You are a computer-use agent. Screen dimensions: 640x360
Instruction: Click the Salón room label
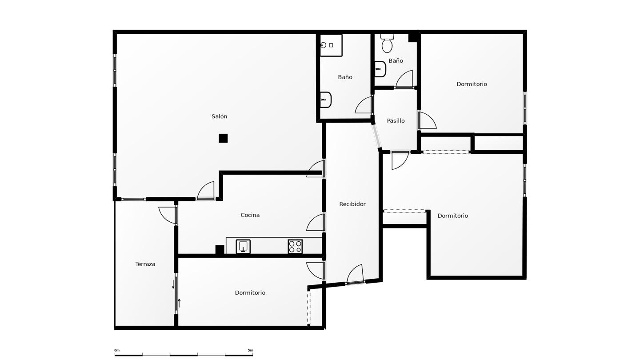pyautogui.click(x=219, y=116)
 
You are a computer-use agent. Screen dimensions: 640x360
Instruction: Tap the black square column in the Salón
pyautogui.click(x=223, y=138)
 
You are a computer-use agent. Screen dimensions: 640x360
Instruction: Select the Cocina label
pyautogui.click(x=250, y=215)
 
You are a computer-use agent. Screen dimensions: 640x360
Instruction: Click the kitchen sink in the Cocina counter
pyautogui.click(x=243, y=246)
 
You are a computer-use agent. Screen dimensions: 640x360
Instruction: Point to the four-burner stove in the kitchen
pyautogui.click(x=295, y=247)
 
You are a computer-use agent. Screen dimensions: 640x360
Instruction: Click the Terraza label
pyautogui.click(x=145, y=264)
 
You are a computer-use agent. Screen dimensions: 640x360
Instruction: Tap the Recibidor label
pyautogui.click(x=352, y=204)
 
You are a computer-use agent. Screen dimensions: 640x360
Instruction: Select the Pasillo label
pyautogui.click(x=396, y=121)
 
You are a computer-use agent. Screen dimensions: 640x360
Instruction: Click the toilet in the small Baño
pyautogui.click(x=387, y=43)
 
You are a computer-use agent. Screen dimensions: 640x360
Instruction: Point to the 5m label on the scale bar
pyautogui.click(x=250, y=350)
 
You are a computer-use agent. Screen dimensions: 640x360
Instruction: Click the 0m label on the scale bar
pyautogui.click(x=117, y=350)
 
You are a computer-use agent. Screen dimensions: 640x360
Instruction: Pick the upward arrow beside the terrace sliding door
pyautogui.click(x=179, y=303)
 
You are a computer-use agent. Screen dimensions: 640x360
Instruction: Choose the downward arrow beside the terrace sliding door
pyautogui.click(x=173, y=284)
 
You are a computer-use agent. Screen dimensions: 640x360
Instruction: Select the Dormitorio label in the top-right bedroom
pyautogui.click(x=472, y=84)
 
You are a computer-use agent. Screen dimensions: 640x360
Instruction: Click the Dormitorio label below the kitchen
pyautogui.click(x=250, y=293)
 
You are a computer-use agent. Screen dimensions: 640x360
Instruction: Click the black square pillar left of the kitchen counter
pyautogui.click(x=220, y=249)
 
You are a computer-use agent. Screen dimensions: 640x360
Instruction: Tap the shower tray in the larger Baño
pyautogui.click(x=331, y=45)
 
